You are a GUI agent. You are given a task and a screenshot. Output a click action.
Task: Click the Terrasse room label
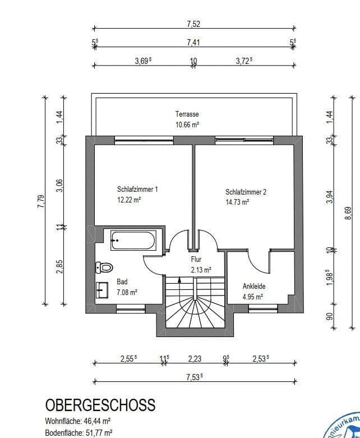pos(187,114)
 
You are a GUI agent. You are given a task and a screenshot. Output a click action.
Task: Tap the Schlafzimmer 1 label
pos(137,190)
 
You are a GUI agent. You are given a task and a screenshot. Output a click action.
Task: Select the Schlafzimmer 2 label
pos(246,192)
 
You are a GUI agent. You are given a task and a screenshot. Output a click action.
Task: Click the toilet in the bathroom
pos(104,267)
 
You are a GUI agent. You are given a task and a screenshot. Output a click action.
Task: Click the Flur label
pos(196,260)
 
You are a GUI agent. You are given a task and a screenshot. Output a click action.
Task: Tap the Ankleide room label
pos(253,286)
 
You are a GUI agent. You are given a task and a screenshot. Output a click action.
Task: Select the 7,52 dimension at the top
pos(193,24)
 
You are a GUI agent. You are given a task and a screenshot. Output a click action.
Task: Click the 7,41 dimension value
pos(193,42)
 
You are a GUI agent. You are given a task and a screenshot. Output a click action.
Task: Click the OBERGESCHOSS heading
pos(100,405)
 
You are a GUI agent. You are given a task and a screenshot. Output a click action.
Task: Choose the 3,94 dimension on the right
pos(330,196)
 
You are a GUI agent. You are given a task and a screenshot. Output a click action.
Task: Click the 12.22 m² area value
pos(129,200)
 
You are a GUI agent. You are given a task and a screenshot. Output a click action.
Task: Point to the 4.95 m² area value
pos(252,297)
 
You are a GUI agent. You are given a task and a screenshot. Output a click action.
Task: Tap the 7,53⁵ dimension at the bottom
pos(194,377)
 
